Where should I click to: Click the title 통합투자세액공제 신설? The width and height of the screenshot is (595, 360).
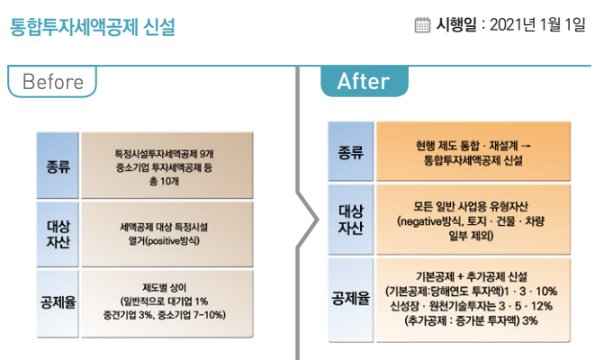92,27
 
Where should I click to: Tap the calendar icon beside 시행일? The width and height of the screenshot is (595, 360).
422,26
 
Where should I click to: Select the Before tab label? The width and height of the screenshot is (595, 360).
52,82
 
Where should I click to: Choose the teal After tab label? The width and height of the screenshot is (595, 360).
364,82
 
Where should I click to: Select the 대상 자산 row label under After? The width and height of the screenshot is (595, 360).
351,219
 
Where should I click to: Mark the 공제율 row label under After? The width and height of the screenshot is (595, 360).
351,299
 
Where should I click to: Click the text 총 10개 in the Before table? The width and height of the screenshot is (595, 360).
165,180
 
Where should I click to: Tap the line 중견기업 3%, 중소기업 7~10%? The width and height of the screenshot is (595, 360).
165,315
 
